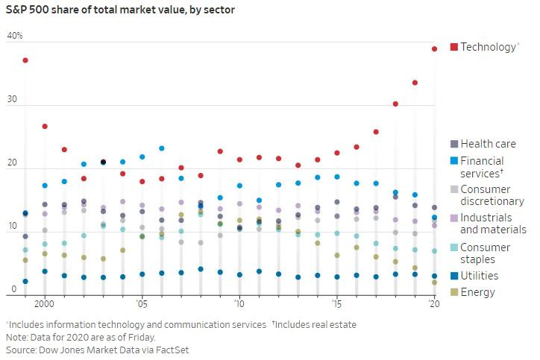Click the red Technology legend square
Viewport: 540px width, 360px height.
tap(454, 47)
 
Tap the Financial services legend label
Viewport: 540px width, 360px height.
tap(482, 167)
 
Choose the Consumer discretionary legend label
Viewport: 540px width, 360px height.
tap(492, 195)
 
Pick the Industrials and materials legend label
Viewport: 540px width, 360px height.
tap(493, 224)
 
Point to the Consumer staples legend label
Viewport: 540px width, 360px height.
tap(486, 253)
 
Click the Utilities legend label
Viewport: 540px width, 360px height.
tap(479, 276)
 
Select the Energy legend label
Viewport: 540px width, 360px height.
tap(477, 292)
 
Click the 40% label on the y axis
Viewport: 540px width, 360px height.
tap(15, 36)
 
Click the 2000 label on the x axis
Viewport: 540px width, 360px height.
tap(44, 304)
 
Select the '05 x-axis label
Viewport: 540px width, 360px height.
tap(142, 304)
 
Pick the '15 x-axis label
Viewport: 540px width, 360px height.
tap(336, 304)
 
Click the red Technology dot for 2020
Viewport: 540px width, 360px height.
tap(434, 49)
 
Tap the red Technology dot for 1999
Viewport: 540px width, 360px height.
tap(25, 60)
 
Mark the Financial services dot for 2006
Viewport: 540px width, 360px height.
tap(162, 148)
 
